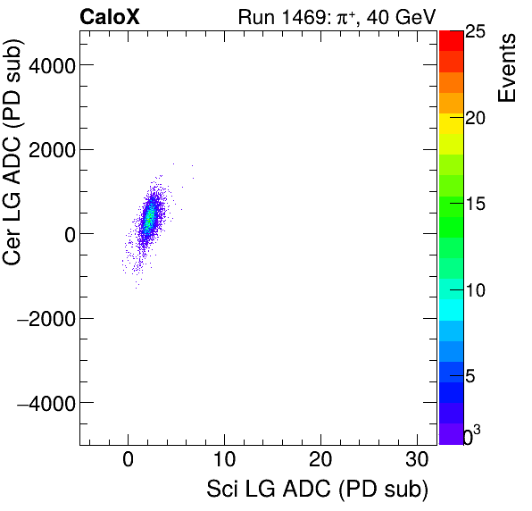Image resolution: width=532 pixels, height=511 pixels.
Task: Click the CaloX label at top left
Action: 111,16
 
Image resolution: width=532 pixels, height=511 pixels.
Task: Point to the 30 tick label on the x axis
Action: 417,462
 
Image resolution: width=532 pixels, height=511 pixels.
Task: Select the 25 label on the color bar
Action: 476,32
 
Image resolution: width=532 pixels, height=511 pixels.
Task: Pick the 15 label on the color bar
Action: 476,205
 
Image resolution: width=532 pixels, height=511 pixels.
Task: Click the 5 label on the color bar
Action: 471,377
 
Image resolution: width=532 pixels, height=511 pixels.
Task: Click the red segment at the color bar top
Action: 451,40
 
